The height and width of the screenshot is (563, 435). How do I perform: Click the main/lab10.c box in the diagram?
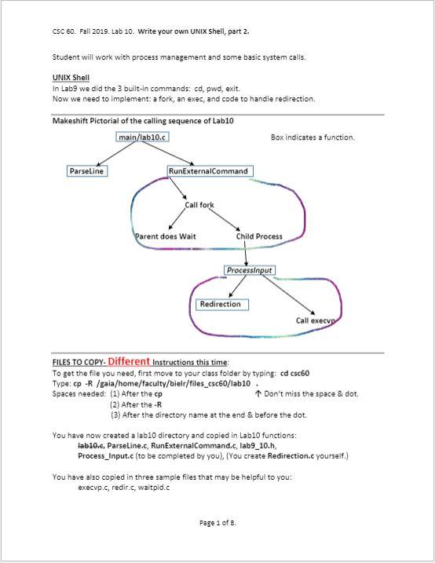[142, 137]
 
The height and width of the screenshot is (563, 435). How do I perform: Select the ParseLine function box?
[87, 170]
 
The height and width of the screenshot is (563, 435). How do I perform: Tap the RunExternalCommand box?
[209, 170]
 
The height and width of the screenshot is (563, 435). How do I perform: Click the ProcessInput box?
[249, 270]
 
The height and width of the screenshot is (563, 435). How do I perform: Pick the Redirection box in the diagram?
[221, 304]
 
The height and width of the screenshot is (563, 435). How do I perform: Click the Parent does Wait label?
[166, 236]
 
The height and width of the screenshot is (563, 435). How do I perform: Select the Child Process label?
[259, 236]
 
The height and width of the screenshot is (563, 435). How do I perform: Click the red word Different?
[129, 362]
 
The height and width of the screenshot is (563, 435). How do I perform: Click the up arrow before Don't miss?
[258, 394]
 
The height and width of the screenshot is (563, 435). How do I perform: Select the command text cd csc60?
[294, 373]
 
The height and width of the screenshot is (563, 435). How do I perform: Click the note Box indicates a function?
[313, 137]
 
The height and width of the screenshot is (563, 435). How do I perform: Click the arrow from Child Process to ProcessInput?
[247, 253]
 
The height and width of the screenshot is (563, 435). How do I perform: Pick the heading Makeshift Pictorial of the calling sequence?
[143, 121]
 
